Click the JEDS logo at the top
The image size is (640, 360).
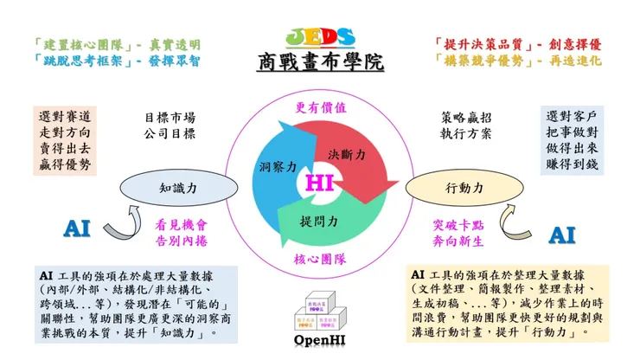(x=319, y=37)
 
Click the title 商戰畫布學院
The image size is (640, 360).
(x=320, y=63)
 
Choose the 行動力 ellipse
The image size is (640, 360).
(x=464, y=186)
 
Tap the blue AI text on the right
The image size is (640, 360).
(x=562, y=234)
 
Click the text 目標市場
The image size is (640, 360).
(x=170, y=117)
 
